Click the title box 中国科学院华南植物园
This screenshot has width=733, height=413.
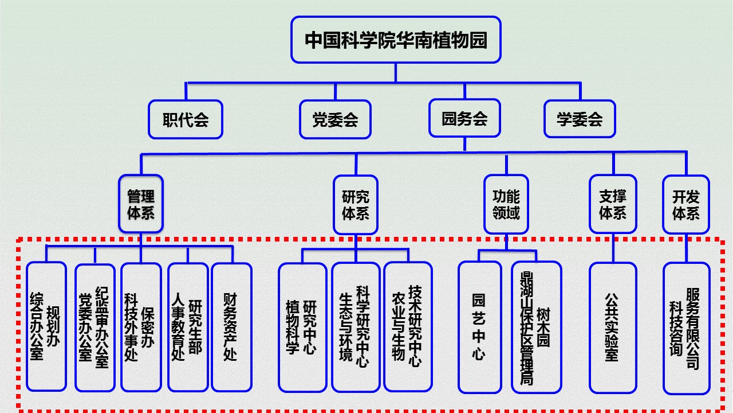click(396, 40)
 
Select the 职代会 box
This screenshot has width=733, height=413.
click(186, 119)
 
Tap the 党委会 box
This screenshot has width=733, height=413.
click(335, 119)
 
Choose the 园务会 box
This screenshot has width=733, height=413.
click(464, 119)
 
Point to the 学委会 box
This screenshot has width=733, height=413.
click(580, 119)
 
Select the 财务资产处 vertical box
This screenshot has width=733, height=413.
click(231, 327)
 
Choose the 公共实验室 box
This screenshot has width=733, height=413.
click(613, 327)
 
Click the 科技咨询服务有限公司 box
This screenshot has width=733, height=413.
click(686, 327)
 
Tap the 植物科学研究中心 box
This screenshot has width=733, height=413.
click(302, 327)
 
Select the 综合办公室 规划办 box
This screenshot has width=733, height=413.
click(46, 327)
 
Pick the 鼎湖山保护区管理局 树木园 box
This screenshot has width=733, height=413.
click(536, 327)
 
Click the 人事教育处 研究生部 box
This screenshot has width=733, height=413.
click(188, 327)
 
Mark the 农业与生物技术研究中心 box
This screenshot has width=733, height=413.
click(408, 327)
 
